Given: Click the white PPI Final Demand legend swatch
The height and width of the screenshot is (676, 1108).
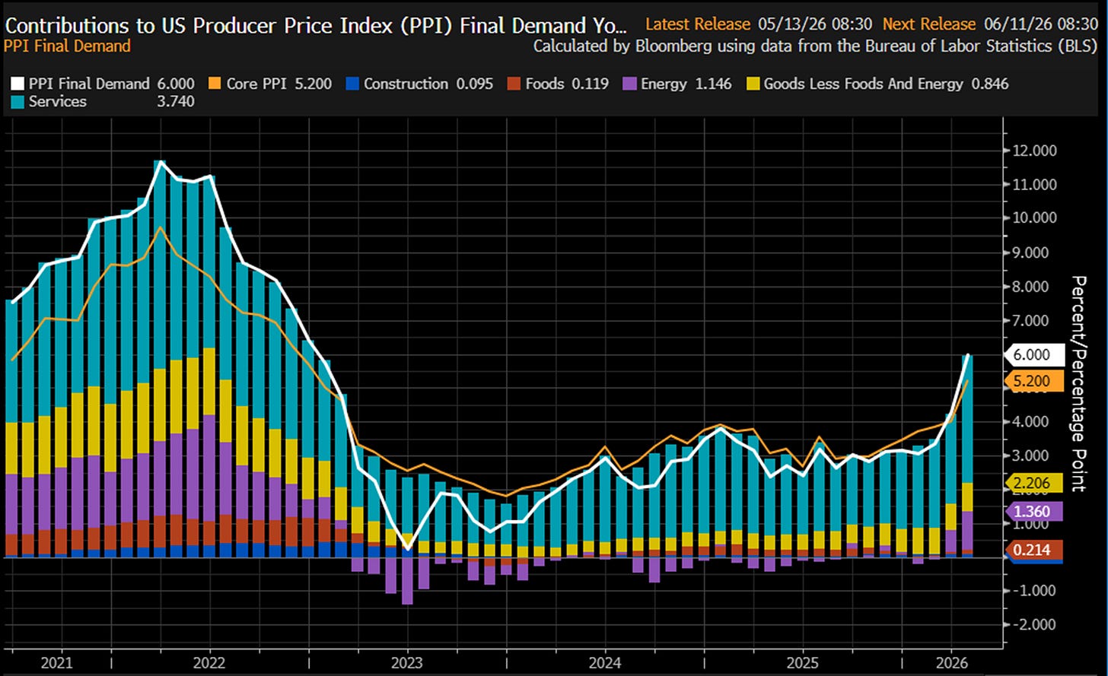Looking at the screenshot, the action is (x=18, y=84).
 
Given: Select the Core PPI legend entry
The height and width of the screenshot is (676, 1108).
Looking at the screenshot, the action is (x=270, y=84).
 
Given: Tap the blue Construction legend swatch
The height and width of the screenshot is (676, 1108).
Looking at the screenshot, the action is (x=352, y=84).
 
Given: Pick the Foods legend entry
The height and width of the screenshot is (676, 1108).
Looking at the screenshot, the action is (x=558, y=84).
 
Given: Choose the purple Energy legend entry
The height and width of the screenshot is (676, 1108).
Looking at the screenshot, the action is (x=677, y=84).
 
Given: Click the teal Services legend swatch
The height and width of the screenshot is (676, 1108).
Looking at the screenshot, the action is (x=18, y=101).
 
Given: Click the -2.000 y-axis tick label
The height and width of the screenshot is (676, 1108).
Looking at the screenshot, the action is (x=1033, y=624).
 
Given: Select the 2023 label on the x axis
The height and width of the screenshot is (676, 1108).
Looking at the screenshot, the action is (x=406, y=662).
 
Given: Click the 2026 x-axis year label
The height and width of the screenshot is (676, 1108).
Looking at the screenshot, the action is (x=952, y=662).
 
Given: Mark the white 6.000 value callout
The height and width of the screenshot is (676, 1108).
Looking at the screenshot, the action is (x=1034, y=355).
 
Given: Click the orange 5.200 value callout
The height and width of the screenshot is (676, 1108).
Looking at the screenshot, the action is (x=1034, y=381).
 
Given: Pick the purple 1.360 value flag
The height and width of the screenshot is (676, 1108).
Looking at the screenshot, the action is (x=1034, y=512).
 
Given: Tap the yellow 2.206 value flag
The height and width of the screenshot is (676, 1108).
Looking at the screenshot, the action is (x=1034, y=483).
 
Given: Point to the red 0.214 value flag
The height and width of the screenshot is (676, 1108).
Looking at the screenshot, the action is (x=1034, y=550).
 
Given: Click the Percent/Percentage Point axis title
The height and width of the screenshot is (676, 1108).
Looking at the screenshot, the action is (x=1079, y=383).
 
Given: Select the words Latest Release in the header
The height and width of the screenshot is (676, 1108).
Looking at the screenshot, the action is (x=698, y=24).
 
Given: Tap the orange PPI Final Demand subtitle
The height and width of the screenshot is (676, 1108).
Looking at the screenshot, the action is (x=67, y=46).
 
